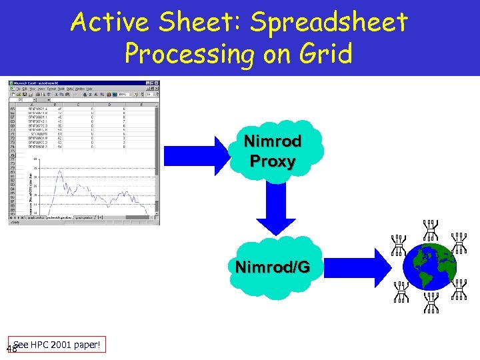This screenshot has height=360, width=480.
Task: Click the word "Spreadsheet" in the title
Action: pyautogui.click(x=328, y=23)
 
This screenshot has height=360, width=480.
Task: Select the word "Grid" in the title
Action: pyautogui.click(x=325, y=54)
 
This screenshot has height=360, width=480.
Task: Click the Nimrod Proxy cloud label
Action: pyautogui.click(x=272, y=151)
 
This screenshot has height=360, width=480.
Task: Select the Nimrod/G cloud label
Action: pyautogui.click(x=272, y=267)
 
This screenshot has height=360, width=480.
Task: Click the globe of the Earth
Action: pyautogui.click(x=431, y=267)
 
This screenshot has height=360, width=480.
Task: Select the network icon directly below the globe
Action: pyautogui.click(x=431, y=301)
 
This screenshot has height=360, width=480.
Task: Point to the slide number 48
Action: pyautogui.click(x=10, y=349)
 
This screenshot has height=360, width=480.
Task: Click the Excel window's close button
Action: pyautogui.click(x=157, y=83)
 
